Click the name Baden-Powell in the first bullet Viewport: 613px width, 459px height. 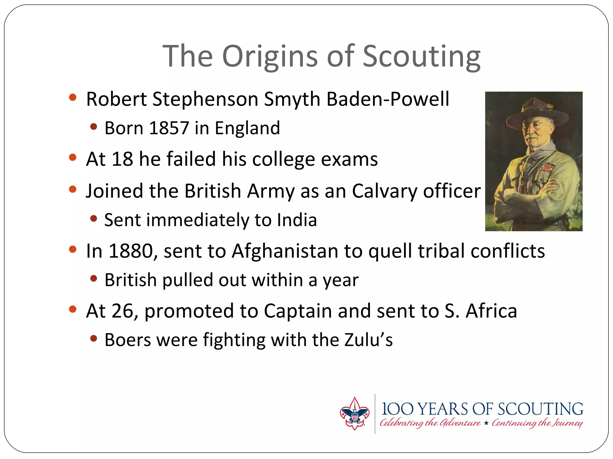(x=388, y=99)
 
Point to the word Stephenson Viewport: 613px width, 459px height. (x=205, y=99)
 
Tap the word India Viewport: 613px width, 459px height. (x=297, y=220)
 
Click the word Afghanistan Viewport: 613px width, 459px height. (x=285, y=251)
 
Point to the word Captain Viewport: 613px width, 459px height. (x=298, y=311)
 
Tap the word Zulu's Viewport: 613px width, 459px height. (x=368, y=340)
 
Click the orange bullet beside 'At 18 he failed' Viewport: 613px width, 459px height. (x=73, y=157)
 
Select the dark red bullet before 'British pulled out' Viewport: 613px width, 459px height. (x=94, y=279)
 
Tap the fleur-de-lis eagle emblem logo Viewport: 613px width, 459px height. (x=354, y=414)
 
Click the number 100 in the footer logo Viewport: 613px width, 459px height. (x=397, y=409)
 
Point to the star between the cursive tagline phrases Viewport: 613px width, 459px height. (x=486, y=423)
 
